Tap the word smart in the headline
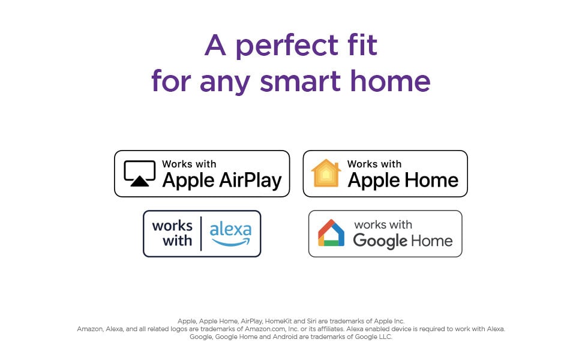pos(300,81)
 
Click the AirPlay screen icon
pos(140,173)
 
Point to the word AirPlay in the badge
pos(250,181)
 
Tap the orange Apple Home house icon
pos(326,173)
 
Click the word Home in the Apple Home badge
pos(431,180)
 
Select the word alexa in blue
pos(230,229)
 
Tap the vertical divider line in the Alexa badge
pos(201,233)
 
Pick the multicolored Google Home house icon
pos(331,233)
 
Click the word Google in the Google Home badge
pos(380,241)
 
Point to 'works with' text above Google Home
pos(383,224)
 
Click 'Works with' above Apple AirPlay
pos(189,164)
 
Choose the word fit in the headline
pos(362,44)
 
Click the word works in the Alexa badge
pos(172,226)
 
